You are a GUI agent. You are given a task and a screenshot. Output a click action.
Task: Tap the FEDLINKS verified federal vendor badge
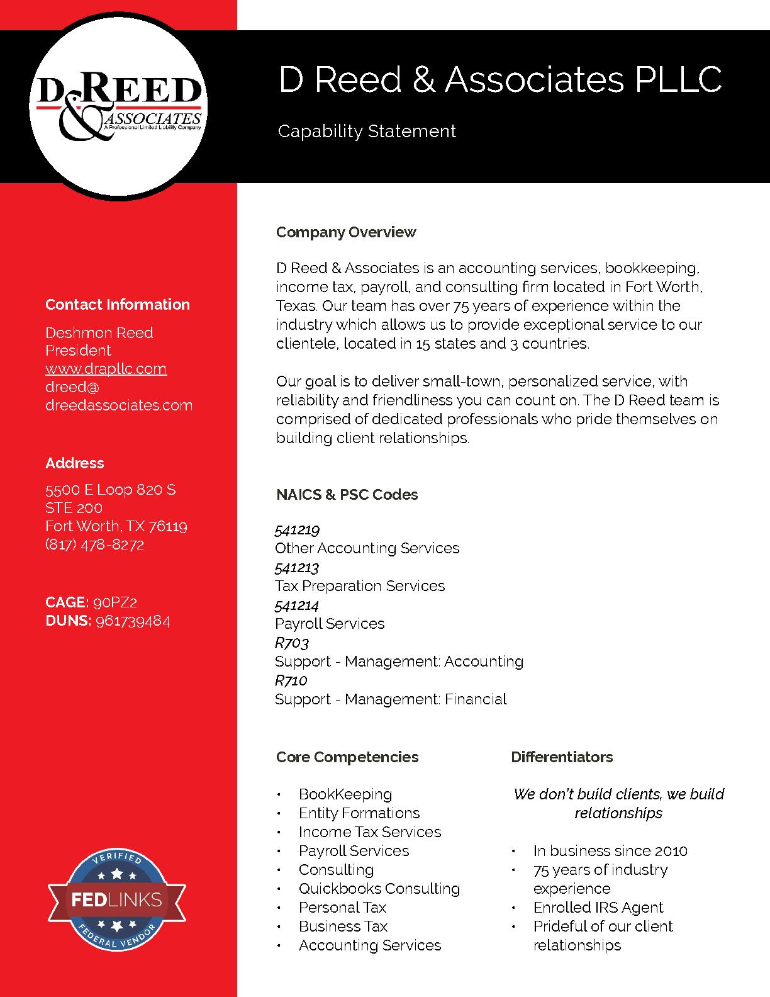[117, 900]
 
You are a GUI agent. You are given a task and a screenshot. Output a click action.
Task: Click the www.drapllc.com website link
[106, 369]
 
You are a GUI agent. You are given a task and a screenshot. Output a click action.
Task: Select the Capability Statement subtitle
[367, 132]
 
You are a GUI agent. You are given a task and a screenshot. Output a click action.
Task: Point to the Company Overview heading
[346, 232]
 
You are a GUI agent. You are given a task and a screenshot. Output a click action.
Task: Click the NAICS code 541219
[297, 530]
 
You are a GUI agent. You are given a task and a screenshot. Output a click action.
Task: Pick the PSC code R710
[291, 680]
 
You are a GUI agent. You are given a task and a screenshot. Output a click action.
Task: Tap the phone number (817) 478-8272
[94, 544]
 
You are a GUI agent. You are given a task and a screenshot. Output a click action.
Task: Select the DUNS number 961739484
[132, 621]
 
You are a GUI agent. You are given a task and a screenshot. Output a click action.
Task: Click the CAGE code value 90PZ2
[114, 602]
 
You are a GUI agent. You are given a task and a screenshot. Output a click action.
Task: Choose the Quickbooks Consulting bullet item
[379, 889]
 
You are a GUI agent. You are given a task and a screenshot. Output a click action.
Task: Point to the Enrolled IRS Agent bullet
[598, 908]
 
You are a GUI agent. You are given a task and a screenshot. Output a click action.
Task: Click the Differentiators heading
[562, 757]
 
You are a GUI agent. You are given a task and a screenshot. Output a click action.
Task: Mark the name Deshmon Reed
[99, 333]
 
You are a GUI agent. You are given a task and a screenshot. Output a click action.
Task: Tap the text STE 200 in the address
[74, 508]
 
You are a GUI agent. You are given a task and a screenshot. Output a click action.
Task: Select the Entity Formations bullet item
[359, 813]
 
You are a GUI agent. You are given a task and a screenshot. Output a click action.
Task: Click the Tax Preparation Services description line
[360, 586]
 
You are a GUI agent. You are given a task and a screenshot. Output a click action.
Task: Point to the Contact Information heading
[117, 305]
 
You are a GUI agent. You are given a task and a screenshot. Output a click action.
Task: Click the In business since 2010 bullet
[610, 851]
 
